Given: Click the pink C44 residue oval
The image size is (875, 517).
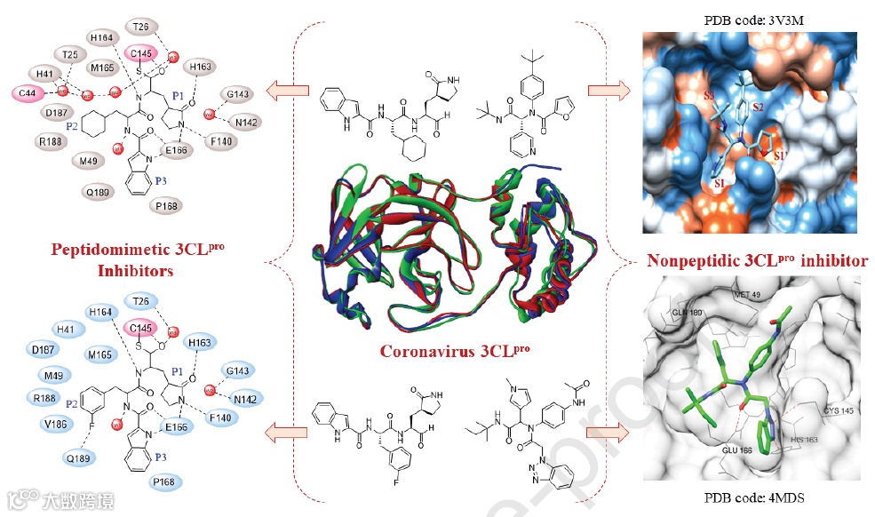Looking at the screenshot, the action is (x=26, y=92).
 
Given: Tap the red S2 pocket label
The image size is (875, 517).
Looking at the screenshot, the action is (x=758, y=107).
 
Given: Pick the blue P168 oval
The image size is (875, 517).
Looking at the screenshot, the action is (x=165, y=482).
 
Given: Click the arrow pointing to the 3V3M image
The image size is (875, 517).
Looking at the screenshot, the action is (x=608, y=89).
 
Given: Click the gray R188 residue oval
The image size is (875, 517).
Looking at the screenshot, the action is (x=51, y=139).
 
